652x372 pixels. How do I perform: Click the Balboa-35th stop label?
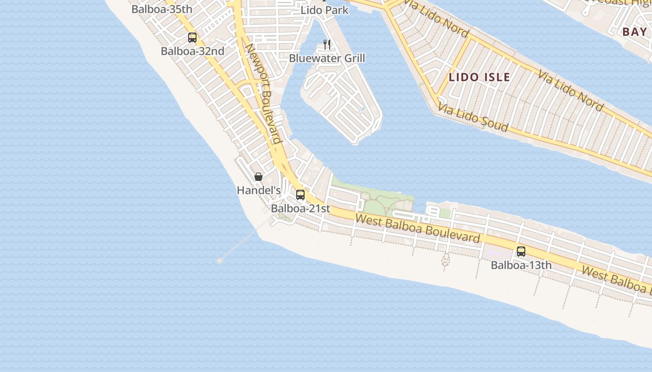coord(162,9)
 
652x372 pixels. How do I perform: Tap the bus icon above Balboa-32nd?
coord(192,38)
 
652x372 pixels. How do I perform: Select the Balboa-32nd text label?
coord(192,51)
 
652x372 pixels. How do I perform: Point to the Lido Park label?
coord(325,10)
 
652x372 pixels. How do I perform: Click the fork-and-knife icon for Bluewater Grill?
coord(327,45)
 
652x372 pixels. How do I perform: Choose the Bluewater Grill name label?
coord(327,58)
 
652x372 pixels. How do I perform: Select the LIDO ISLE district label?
coord(479,77)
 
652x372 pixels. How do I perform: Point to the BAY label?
coord(634,32)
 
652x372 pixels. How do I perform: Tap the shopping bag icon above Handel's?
coord(258,177)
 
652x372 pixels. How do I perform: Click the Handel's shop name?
coord(258,190)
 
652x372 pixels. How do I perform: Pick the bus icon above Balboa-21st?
coord(300,195)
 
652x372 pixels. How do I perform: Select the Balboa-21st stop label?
coord(300,208)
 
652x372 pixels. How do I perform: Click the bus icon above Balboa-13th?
coord(521,252)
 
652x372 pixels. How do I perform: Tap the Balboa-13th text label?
coord(521,266)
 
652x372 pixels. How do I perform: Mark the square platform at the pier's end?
coord(220,261)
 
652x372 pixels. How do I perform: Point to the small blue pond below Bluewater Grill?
coord(362,110)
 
